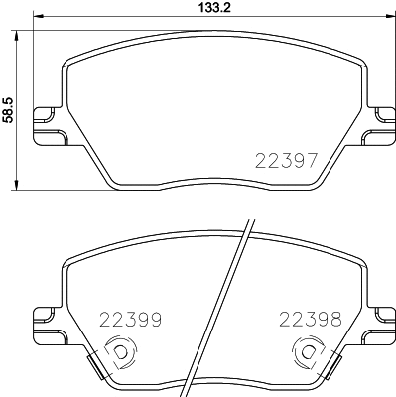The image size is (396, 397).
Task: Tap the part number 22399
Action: [131, 320]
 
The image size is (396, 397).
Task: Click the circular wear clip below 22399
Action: [118, 351]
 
